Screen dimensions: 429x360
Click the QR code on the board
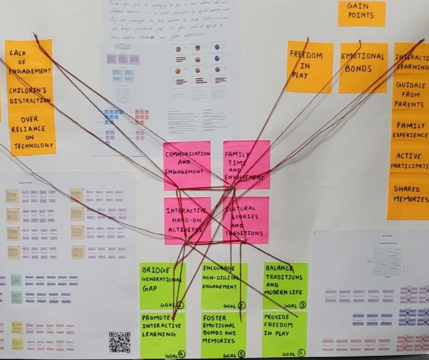(119, 342)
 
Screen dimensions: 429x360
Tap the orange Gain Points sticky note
(361, 13)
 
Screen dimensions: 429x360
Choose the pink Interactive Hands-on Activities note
(187, 220)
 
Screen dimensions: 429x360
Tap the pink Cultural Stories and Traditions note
(246, 220)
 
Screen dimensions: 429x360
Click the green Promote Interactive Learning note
(162, 334)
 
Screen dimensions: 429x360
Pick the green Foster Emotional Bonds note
(223, 334)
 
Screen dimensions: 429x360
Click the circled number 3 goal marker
(303, 305)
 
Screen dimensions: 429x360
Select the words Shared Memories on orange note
(409, 194)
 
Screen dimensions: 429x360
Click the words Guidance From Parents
(409, 95)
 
